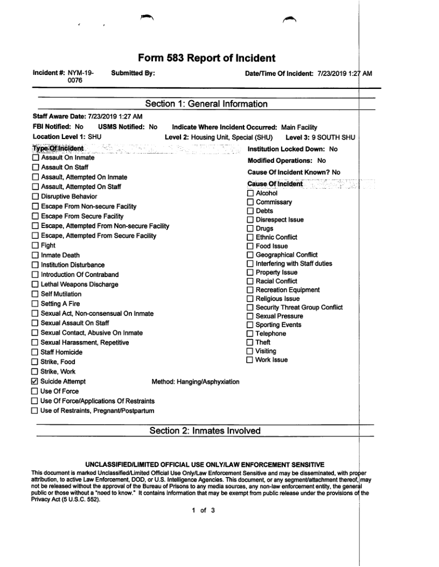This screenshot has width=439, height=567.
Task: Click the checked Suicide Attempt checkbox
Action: pyautogui.click(x=36, y=382)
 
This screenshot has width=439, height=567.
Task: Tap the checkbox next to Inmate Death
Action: pyautogui.click(x=36, y=255)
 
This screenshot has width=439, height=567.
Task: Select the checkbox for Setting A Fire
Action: pyautogui.click(x=36, y=304)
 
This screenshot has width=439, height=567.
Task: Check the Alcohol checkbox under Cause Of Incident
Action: pyautogui.click(x=250, y=193)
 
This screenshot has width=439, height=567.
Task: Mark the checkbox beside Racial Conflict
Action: pyautogui.click(x=250, y=281)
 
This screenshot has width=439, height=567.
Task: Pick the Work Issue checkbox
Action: pyautogui.click(x=250, y=360)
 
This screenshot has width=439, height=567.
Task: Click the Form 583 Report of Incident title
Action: pyautogui.click(x=206, y=58)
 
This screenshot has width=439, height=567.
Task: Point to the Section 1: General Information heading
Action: pyautogui.click(x=206, y=104)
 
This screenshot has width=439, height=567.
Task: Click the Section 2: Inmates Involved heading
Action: pyautogui.click(x=205, y=431)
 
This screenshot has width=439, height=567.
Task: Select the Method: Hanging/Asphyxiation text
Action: pyautogui.click(x=196, y=382)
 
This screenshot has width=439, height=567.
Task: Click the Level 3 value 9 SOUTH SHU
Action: pyautogui.click(x=333, y=137)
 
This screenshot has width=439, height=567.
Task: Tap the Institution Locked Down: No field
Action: pyautogui.click(x=292, y=149)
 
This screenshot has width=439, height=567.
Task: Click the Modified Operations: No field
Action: pyautogui.click(x=287, y=161)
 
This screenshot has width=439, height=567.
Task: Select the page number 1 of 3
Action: pyautogui.click(x=204, y=510)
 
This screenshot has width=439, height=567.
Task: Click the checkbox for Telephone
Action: pyautogui.click(x=250, y=334)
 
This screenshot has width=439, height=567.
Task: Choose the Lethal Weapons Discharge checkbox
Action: pyautogui.click(x=36, y=285)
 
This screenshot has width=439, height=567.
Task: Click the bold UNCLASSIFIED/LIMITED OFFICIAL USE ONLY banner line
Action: pyautogui.click(x=205, y=465)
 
